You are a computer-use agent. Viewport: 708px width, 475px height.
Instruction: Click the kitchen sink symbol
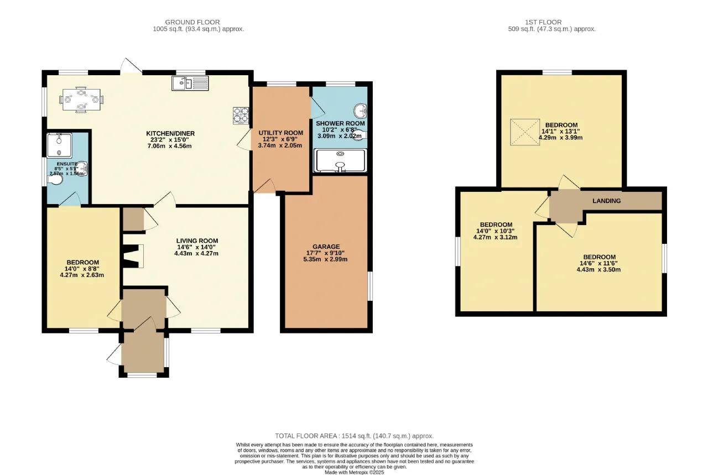pyautogui.click(x=190, y=83)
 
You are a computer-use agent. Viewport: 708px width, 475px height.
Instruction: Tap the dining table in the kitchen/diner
pyautogui.click(x=81, y=100)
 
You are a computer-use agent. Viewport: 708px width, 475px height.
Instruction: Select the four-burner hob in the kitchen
pyautogui.click(x=241, y=116)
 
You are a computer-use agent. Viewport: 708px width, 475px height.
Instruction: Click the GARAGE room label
pyautogui.click(x=326, y=247)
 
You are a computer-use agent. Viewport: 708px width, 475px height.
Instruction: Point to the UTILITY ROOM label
pyautogui.click(x=280, y=133)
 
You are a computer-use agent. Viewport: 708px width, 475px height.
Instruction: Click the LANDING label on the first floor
pyautogui.click(x=606, y=201)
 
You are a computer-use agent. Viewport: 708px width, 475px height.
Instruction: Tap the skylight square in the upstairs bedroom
pyautogui.click(x=525, y=132)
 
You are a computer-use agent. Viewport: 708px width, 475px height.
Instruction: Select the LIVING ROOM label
pyautogui.click(x=197, y=241)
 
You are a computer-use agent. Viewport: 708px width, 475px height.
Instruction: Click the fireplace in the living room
pyautogui.click(x=133, y=257)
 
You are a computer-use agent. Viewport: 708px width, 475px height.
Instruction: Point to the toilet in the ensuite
pyautogui.click(x=55, y=180)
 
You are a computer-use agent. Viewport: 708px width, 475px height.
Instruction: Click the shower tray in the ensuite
pyautogui.click(x=59, y=145)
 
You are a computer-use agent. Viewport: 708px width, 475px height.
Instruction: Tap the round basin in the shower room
pyautogui.click(x=360, y=111)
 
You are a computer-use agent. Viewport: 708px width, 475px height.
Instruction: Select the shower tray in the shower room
pyautogui.click(x=340, y=160)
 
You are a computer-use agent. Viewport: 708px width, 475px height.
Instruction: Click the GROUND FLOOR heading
pyautogui.click(x=192, y=22)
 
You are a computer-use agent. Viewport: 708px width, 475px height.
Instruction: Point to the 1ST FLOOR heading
pyautogui.click(x=543, y=22)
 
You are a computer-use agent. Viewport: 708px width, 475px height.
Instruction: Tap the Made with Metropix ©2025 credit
pyautogui.click(x=355, y=472)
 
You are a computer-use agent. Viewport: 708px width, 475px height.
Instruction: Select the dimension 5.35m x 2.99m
pyautogui.click(x=325, y=259)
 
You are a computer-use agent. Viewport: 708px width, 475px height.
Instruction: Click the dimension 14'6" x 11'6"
pyautogui.click(x=598, y=263)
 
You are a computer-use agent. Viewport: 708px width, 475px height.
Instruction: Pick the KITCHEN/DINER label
pyautogui.click(x=170, y=133)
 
